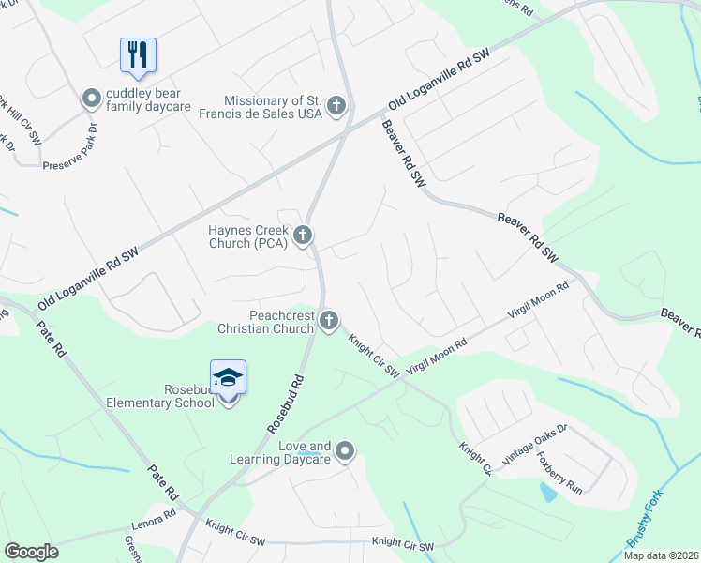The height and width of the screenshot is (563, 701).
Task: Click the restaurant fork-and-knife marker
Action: click(x=139, y=54)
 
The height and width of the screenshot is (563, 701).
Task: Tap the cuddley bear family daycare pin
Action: click(x=92, y=98)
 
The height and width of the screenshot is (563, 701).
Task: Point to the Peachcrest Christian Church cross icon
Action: click(x=329, y=322)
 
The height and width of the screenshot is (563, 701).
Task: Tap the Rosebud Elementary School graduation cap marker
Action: click(x=229, y=378)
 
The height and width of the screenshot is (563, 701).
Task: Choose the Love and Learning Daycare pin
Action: click(x=345, y=452)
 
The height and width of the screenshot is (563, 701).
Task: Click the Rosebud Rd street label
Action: click(x=287, y=403)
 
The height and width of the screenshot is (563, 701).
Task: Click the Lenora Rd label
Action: click(x=155, y=515)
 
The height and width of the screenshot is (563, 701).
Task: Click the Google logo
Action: click(x=31, y=552)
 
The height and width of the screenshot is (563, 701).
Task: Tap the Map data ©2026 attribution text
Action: click(x=661, y=555)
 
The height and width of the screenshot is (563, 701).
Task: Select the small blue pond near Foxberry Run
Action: click(x=548, y=491)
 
